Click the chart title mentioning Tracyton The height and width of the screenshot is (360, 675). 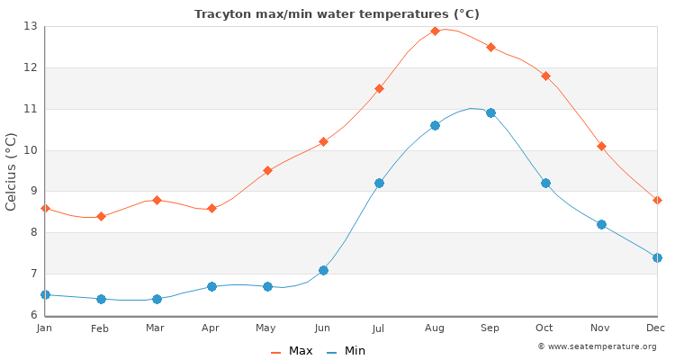337,14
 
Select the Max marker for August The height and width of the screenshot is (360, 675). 435,31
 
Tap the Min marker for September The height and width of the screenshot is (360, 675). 490,112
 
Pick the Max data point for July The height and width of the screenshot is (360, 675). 379,88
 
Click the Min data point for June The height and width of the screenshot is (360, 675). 323,270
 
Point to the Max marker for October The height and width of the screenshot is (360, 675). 545,76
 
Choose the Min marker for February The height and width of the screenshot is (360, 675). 101,299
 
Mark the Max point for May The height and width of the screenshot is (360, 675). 267,170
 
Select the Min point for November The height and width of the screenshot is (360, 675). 601,224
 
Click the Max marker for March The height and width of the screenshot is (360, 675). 157,200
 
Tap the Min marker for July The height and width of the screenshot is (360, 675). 379,183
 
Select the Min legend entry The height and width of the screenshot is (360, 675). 347,351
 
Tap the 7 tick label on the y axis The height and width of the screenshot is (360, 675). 32,274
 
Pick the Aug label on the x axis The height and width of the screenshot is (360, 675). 435,328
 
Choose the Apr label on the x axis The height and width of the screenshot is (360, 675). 211,328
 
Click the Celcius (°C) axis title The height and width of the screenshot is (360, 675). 12,171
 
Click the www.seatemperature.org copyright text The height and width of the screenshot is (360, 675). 597,346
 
